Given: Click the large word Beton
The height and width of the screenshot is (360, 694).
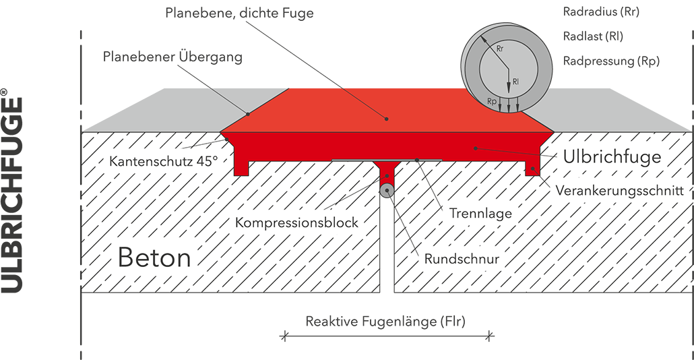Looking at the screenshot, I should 154,258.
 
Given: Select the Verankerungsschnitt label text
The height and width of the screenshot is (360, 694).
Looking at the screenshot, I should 620,191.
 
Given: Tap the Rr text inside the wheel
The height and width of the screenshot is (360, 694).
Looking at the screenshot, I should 499,50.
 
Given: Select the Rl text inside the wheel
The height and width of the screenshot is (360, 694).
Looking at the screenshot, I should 515,82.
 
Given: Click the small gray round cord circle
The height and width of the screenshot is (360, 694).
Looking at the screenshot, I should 387,190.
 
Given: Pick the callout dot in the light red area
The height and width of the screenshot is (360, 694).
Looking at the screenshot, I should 387,119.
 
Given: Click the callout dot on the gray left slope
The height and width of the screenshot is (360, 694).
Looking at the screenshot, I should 248,113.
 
